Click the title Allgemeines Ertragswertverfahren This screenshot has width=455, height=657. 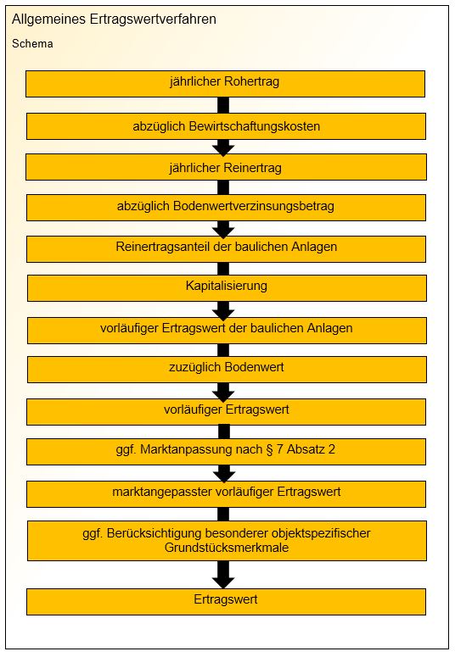tap(114, 19)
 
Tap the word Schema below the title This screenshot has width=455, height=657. tap(32, 43)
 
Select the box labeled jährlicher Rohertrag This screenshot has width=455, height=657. tap(226, 84)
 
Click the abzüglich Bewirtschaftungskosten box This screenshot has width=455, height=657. tap(226, 126)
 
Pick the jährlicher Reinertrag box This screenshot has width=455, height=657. tap(226, 167)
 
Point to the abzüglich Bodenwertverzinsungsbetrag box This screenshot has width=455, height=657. tap(226, 208)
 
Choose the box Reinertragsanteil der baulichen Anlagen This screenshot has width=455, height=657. tap(226, 249)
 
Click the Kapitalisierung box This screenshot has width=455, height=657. tap(227, 288)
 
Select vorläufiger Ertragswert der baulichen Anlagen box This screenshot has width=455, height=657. tap(227, 330)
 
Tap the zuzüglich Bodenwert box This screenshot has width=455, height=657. tap(227, 369)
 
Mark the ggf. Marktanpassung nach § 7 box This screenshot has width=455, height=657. tap(226, 451)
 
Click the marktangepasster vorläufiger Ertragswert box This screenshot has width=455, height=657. tap(226, 494)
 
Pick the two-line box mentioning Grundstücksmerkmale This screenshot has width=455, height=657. tap(227, 541)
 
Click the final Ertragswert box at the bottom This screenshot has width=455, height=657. tap(226, 602)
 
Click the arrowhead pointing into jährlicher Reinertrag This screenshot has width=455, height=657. tap(223, 148)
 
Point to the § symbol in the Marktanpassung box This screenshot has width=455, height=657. tap(269, 449)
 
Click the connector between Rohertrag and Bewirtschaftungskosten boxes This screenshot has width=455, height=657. tap(223, 105)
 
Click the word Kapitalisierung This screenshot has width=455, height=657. tap(227, 286)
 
